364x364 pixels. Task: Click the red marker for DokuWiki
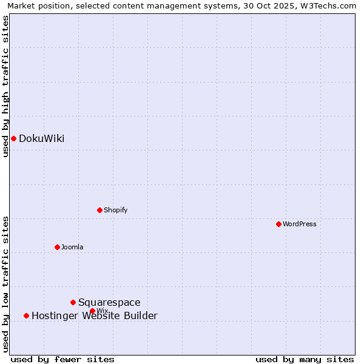[13, 138]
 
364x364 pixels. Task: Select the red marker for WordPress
[278, 224]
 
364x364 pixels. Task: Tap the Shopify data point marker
[99, 210]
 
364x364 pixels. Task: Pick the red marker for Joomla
[57, 247]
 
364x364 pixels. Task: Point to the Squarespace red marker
[73, 302]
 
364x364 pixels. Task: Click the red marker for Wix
[92, 311]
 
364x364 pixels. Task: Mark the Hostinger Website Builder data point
[26, 315]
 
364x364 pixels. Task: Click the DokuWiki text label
[41, 139]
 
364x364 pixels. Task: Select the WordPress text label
[300, 224]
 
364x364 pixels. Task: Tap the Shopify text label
[115, 211]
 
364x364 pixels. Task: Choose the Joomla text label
[72, 248]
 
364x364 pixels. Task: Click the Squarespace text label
[109, 303]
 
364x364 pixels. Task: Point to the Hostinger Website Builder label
[94, 316]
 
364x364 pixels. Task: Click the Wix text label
[102, 311]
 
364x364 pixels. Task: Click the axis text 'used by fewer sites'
[62, 359]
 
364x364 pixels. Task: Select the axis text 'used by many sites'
[305, 359]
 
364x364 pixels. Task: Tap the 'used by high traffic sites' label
[6, 86]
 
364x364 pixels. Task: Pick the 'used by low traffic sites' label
[6, 283]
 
